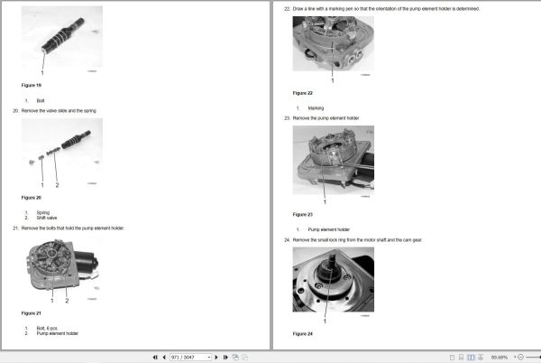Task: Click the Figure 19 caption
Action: pyautogui.click(x=32, y=85)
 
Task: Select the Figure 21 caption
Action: pyautogui.click(x=32, y=312)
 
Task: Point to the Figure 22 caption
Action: pyautogui.click(x=303, y=93)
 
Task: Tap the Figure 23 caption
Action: pyautogui.click(x=303, y=214)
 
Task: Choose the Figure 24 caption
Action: pyautogui.click(x=303, y=333)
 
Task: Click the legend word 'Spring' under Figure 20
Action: pyautogui.click(x=42, y=212)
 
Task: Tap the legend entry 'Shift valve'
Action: pyautogui.click(x=46, y=217)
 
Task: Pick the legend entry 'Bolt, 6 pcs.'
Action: pyautogui.click(x=47, y=329)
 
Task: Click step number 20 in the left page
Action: pyautogui.click(x=15, y=110)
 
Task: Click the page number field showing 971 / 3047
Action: pyautogui.click(x=189, y=357)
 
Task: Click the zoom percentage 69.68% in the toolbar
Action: pyautogui.click(x=500, y=357)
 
